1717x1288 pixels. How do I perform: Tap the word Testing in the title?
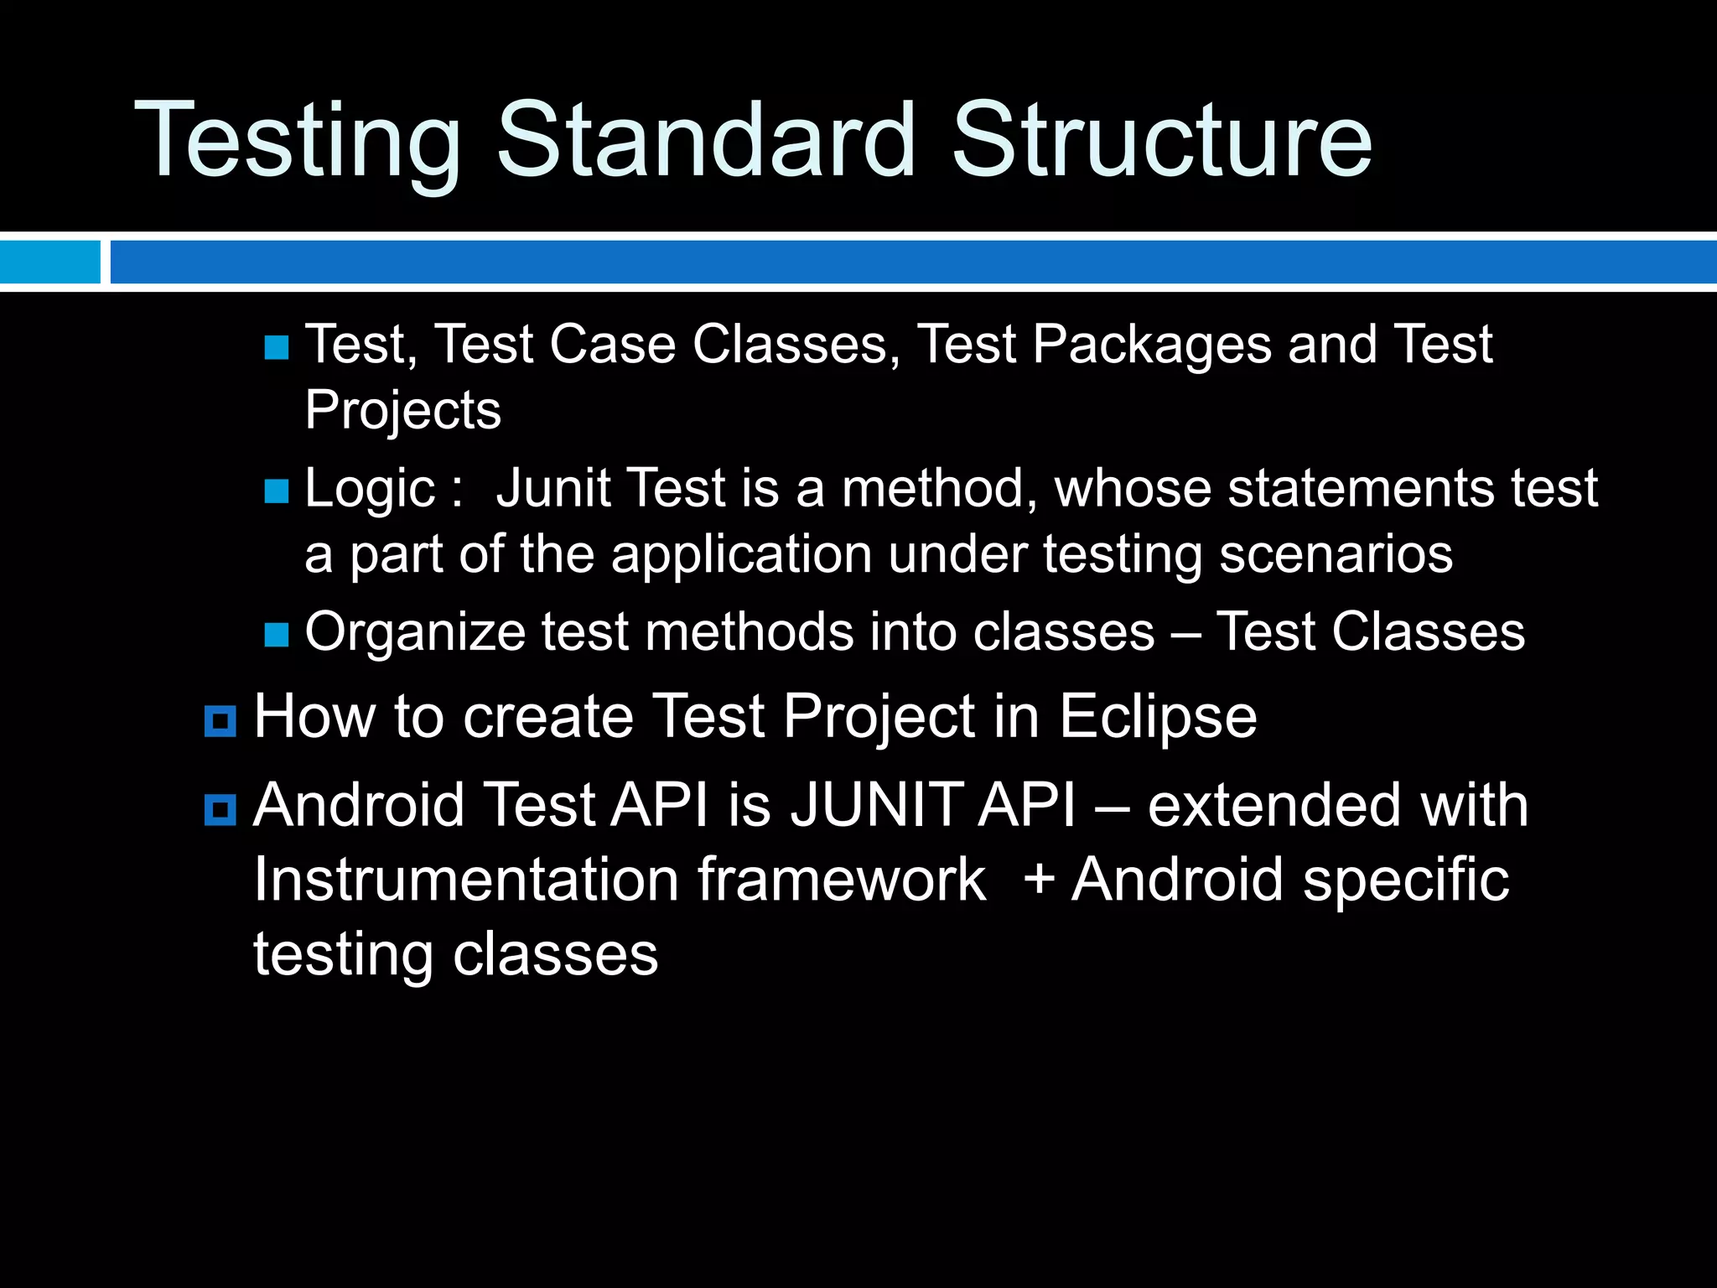pos(298,141)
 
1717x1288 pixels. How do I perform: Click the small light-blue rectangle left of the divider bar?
pos(49,262)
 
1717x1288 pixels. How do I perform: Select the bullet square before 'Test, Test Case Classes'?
pos(276,347)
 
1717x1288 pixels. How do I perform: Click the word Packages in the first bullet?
pos(1152,345)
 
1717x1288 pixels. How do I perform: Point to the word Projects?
pos(402,411)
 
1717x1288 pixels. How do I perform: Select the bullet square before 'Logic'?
pos(276,491)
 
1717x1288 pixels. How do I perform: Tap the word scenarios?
pos(1336,555)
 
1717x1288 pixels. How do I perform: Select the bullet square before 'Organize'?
pos(276,635)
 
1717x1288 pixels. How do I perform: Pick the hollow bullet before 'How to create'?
pos(220,721)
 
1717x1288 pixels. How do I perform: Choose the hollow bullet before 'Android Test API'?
pos(220,810)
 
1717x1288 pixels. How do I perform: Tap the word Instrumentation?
pos(466,880)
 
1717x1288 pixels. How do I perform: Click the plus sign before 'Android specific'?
pos(1038,880)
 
